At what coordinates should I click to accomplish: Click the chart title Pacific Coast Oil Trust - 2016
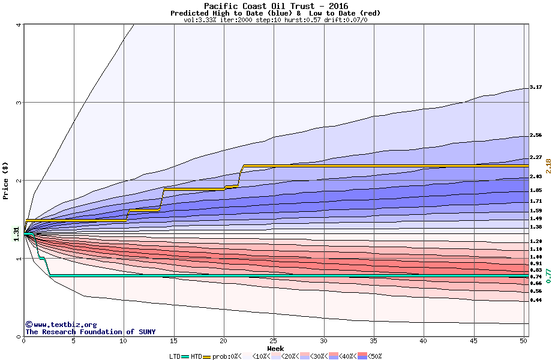(x=275, y=6)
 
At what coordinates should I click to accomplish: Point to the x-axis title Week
(x=275, y=349)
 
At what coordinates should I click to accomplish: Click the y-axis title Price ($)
(x=6, y=180)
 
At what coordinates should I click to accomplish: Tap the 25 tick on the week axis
(x=274, y=341)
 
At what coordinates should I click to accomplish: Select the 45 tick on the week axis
(x=474, y=341)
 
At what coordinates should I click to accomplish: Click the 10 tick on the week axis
(x=124, y=341)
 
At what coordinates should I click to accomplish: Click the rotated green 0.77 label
(x=547, y=275)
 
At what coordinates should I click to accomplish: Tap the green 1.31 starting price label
(x=16, y=236)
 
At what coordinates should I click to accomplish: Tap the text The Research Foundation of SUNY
(x=90, y=332)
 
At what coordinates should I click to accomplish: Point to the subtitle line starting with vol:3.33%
(x=275, y=20)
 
